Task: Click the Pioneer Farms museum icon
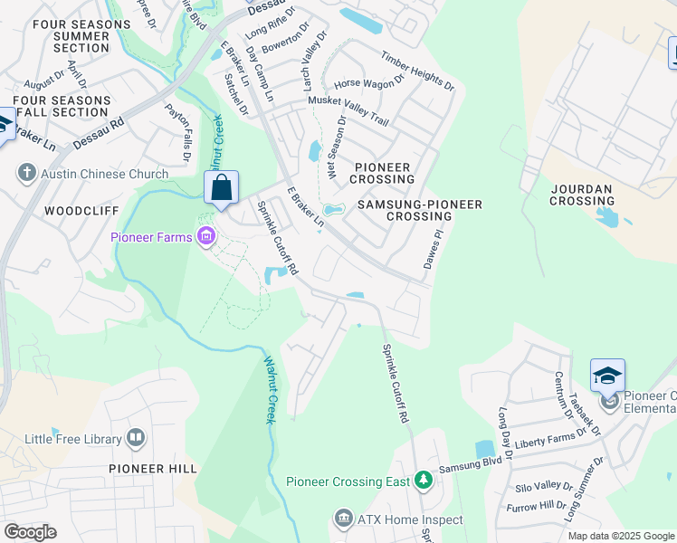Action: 206,237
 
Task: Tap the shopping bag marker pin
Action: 221,189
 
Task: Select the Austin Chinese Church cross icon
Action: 26,172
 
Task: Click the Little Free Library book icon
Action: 136,439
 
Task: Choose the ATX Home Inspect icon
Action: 342,519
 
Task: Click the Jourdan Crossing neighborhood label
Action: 582,195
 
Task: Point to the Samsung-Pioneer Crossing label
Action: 419,210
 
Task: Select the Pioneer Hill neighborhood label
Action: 152,468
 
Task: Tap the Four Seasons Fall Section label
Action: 61,106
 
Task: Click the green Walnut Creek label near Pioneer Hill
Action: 269,389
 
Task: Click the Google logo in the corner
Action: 30,532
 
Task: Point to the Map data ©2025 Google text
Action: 620,536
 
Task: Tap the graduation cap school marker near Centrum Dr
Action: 607,375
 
